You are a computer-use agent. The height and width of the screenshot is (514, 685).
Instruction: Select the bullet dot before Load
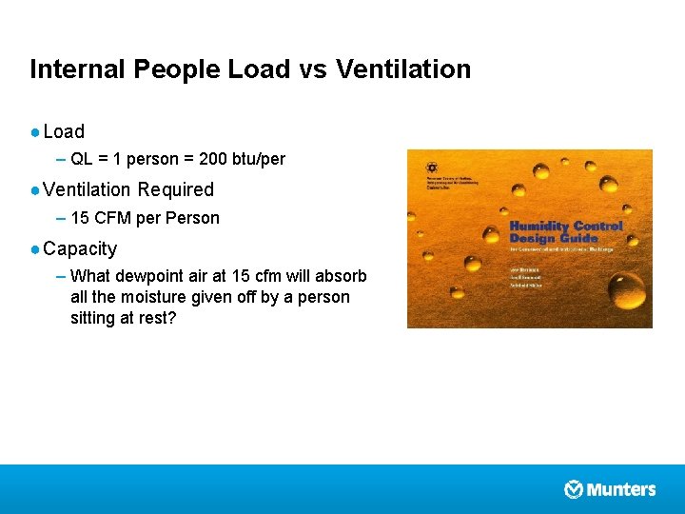coord(34,131)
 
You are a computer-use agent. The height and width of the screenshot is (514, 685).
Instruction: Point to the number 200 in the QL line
coord(213,159)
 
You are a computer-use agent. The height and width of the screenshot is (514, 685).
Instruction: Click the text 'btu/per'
coord(259,159)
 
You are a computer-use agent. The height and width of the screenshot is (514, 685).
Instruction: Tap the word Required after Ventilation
coord(176,189)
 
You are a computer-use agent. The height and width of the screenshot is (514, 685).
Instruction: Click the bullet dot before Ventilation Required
coord(34,189)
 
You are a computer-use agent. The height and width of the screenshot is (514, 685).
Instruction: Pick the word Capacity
coord(80,248)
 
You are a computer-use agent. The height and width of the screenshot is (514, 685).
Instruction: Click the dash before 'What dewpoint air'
coord(61,277)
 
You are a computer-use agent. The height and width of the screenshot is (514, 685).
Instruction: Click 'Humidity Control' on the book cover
coord(566,227)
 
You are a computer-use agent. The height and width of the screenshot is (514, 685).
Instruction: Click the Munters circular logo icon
coord(574,489)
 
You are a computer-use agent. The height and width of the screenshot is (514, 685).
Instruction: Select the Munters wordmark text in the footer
coord(621,489)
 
